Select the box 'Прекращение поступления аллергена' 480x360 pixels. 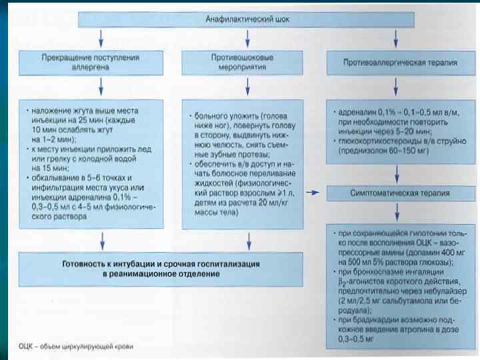tap(100, 63)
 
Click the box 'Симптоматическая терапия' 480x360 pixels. tap(399, 193)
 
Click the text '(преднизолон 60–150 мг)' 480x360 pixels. tap(377, 151)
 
